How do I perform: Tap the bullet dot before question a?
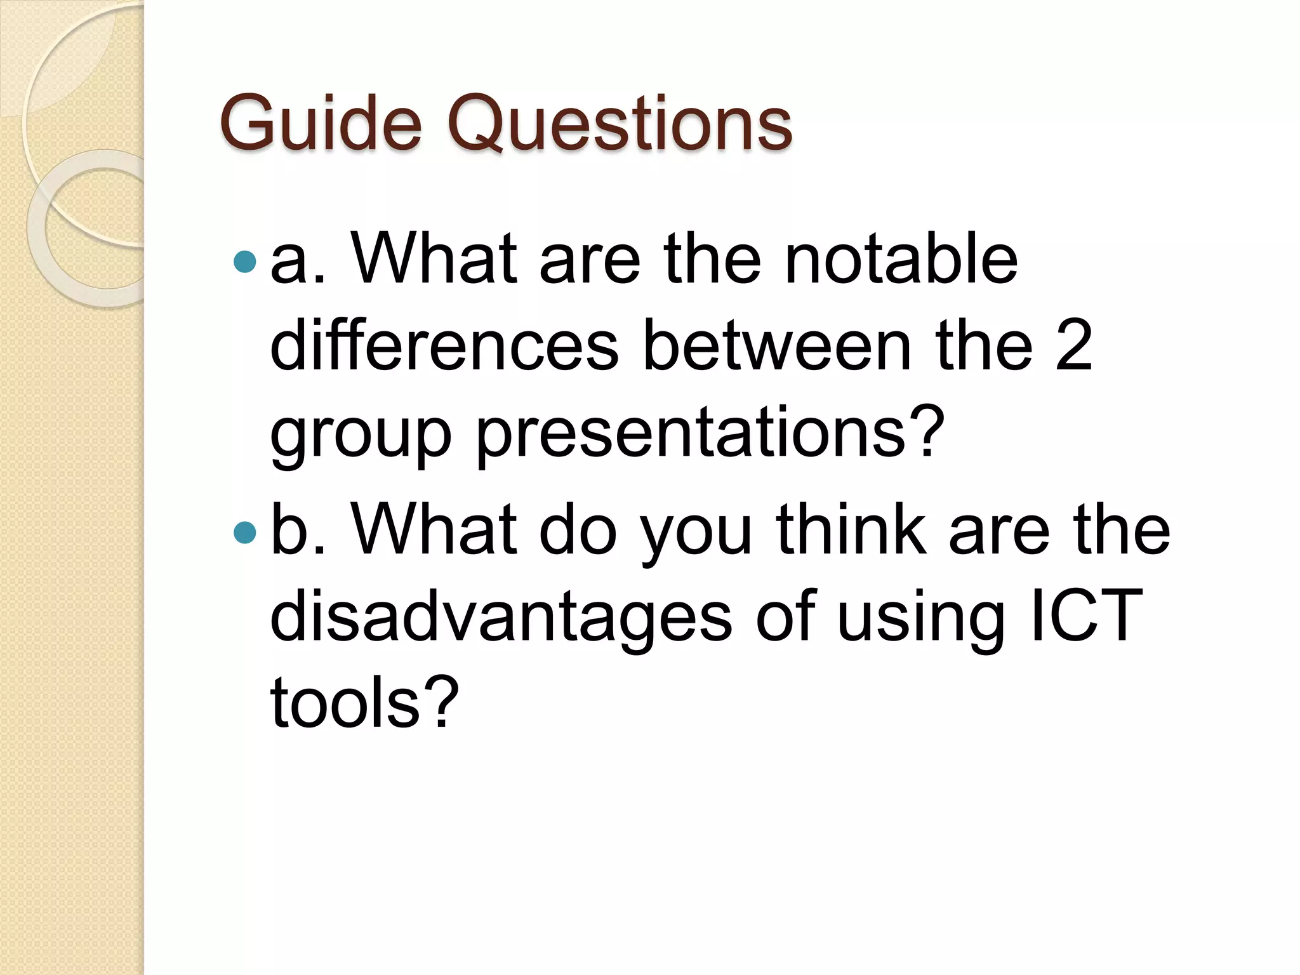point(245,261)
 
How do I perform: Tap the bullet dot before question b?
point(245,532)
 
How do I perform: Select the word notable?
point(901,259)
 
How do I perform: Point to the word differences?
point(444,347)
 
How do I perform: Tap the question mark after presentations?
point(927,432)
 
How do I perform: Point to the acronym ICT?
point(1086,615)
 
